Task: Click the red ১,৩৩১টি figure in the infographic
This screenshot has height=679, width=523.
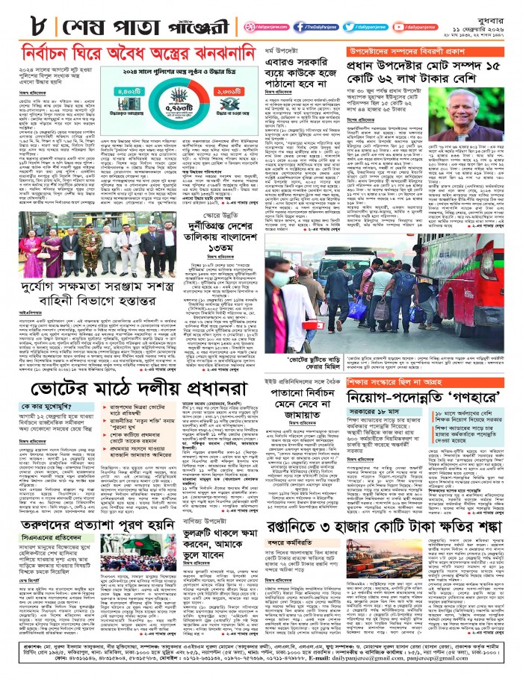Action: point(226,93)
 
